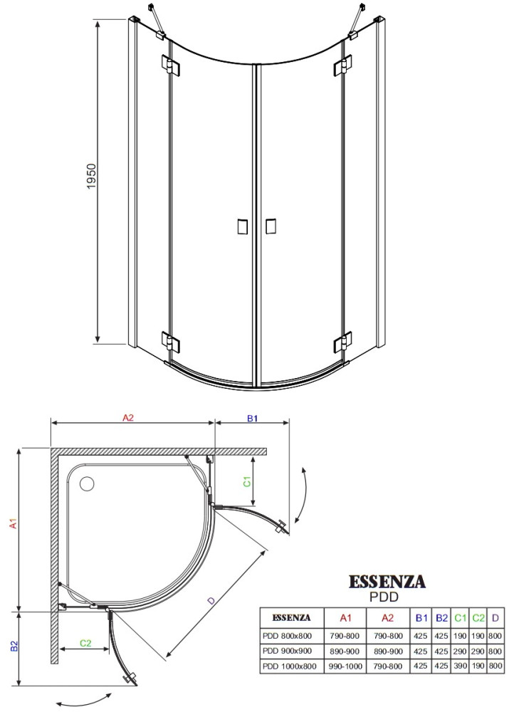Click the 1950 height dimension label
tap(92, 176)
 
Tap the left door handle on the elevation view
tap(243, 226)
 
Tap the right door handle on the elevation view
tap(270, 226)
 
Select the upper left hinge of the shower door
tap(170, 66)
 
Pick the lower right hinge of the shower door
tap(343, 342)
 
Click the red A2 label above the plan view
tap(128, 418)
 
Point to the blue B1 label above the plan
tap(252, 418)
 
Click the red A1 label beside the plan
tap(14, 523)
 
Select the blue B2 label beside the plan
tap(14, 646)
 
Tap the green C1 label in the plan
tap(247, 481)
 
